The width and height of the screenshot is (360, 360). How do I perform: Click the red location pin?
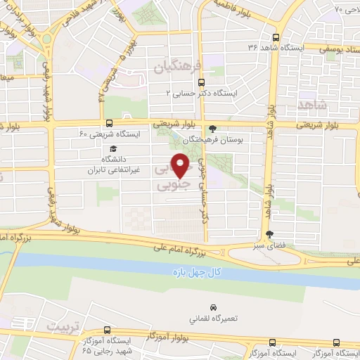click(182, 167)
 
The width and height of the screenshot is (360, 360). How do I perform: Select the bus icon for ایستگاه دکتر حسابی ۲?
click(202, 82)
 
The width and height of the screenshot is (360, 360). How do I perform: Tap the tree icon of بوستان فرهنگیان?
click(213, 128)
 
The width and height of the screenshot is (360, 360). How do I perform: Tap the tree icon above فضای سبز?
click(269, 235)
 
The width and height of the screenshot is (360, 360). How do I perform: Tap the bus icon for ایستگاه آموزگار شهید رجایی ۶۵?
click(106, 329)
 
